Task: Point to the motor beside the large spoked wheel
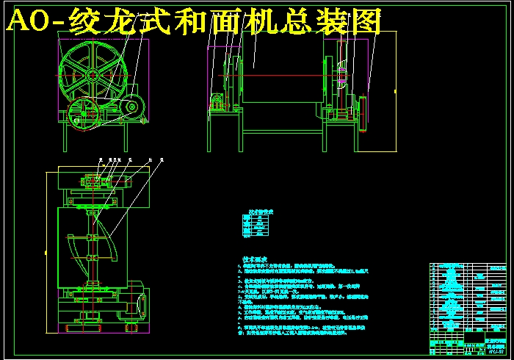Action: point(134,108)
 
